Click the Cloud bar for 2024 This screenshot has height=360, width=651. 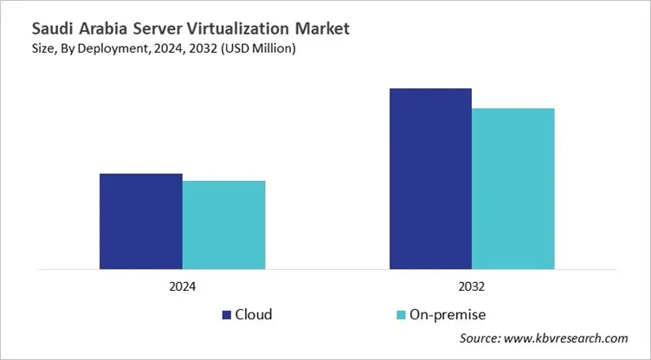tap(140, 221)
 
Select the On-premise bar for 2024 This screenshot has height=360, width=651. tap(223, 224)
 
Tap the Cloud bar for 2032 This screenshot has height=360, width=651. tap(430, 178)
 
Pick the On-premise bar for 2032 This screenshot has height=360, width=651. tap(512, 188)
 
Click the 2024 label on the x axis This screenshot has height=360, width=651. tap(182, 286)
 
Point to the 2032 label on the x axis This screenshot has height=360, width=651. tap(472, 286)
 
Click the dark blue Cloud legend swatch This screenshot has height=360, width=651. tap(227, 314)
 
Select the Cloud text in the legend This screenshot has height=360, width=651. tap(255, 314)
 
